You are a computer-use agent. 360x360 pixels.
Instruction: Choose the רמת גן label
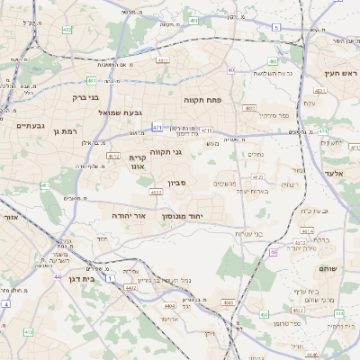pos(68,132)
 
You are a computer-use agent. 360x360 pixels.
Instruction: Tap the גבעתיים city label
pos(30,126)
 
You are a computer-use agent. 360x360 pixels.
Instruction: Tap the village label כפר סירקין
pos(262,115)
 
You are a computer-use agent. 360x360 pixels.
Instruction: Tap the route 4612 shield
pos(113,155)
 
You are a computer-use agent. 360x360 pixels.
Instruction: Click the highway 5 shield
pos(275,28)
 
